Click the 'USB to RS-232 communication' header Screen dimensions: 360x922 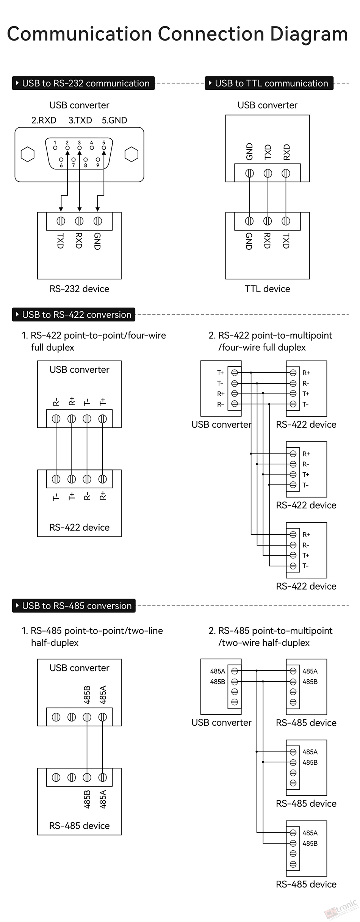(x=83, y=83)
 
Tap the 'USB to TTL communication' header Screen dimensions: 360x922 (x=269, y=83)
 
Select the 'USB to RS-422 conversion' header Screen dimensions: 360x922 (x=74, y=315)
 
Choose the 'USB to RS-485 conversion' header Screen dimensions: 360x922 (x=74, y=606)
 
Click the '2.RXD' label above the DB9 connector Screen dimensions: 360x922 (x=44, y=120)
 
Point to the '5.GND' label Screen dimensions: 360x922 (x=114, y=120)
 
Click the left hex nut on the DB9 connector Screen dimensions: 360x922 (x=28, y=154)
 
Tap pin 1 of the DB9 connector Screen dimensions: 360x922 (x=55, y=147)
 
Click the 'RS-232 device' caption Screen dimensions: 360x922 (x=79, y=289)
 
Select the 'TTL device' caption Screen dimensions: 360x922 (x=268, y=289)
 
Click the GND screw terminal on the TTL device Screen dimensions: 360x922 (x=249, y=221)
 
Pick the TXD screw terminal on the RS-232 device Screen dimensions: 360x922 (x=61, y=221)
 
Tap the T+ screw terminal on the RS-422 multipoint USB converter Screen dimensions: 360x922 (x=235, y=373)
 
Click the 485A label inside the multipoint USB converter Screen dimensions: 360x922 (x=218, y=671)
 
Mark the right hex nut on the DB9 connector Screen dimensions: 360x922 (x=131, y=154)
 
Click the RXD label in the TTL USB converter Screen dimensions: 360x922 (x=286, y=152)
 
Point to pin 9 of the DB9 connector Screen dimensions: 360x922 (x=98, y=160)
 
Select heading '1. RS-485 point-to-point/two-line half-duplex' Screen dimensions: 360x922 (x=92, y=637)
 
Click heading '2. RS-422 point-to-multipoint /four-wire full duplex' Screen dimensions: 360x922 (x=271, y=341)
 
